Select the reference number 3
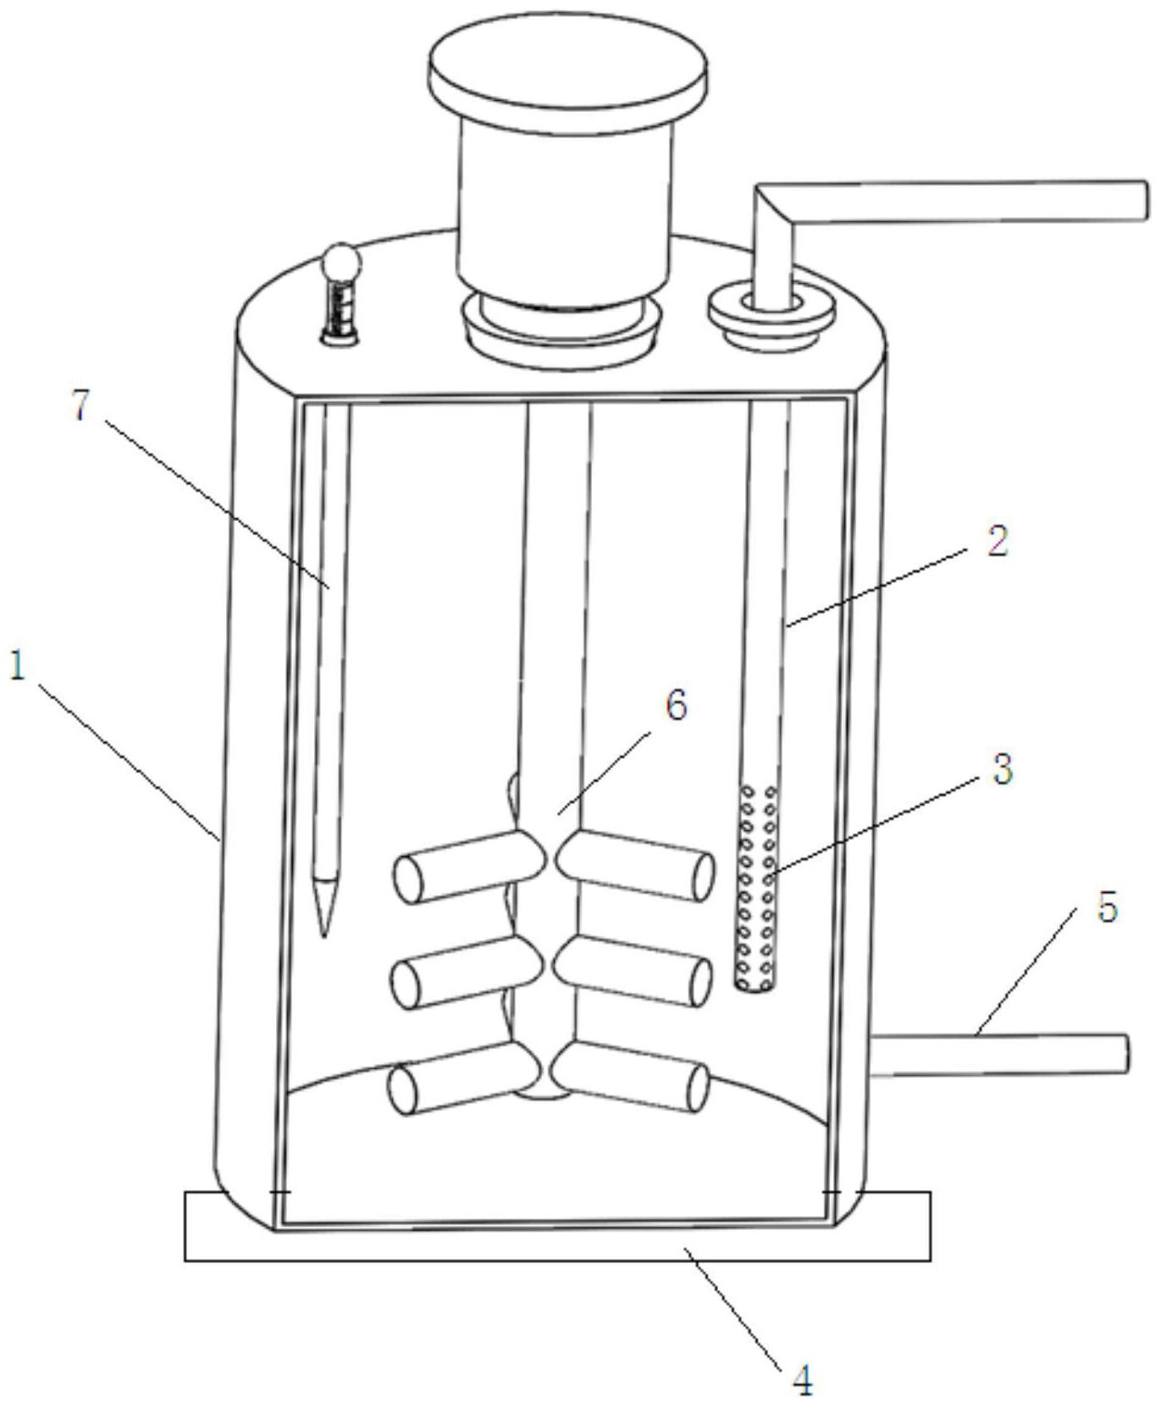coord(1002,769)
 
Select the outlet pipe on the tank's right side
coord(999,1055)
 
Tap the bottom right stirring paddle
coord(633,1076)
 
